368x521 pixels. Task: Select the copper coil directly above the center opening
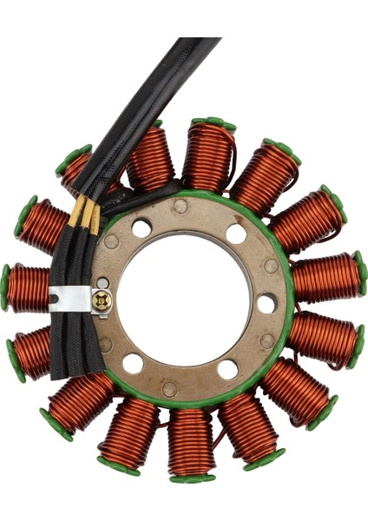[208, 156]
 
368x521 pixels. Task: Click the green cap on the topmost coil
[214, 124]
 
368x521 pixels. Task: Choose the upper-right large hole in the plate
[236, 233]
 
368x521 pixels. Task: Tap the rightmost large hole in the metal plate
[266, 303]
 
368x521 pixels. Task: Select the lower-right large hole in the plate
[227, 369]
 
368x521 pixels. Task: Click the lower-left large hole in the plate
[133, 362]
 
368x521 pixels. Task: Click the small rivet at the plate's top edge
[180, 206]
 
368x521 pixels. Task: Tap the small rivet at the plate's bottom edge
[170, 389]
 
